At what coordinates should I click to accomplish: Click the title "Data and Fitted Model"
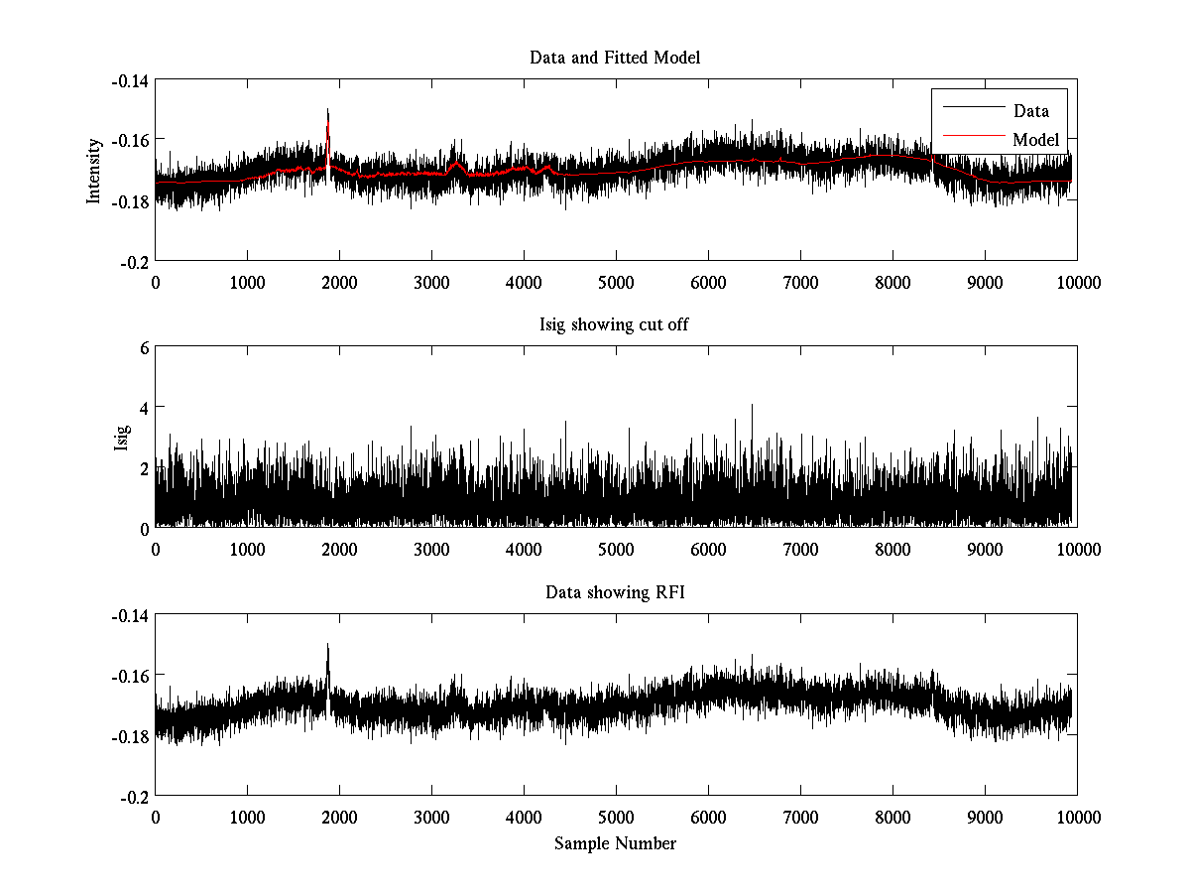pyautogui.click(x=615, y=58)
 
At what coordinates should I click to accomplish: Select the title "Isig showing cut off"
pyautogui.click(x=615, y=325)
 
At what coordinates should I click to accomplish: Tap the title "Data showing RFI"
pyautogui.click(x=615, y=593)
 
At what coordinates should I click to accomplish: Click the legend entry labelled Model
pyautogui.click(x=1035, y=140)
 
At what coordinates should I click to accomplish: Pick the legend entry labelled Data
pyautogui.click(x=1030, y=111)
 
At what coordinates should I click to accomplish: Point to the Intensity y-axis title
pyautogui.click(x=94, y=170)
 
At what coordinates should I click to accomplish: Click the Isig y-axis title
pyautogui.click(x=121, y=438)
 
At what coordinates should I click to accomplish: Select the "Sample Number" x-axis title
pyautogui.click(x=615, y=844)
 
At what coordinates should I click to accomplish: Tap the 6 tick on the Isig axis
pyautogui.click(x=144, y=348)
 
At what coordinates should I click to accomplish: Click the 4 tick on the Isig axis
pyautogui.click(x=144, y=408)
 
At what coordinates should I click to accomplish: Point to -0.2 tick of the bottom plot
pyautogui.click(x=134, y=796)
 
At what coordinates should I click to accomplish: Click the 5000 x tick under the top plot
pyautogui.click(x=616, y=282)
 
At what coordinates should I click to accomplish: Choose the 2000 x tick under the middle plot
pyautogui.click(x=339, y=550)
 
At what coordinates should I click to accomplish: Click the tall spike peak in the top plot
pyautogui.click(x=328, y=110)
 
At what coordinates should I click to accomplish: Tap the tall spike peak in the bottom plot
pyautogui.click(x=328, y=645)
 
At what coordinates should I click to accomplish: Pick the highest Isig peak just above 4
pyautogui.click(x=752, y=405)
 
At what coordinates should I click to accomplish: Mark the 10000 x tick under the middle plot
pyautogui.click(x=1077, y=550)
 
